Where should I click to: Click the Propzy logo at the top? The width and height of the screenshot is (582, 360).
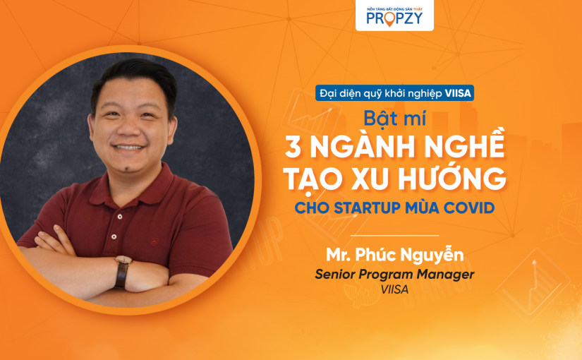[394, 16]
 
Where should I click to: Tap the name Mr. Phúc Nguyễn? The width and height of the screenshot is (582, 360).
[394, 255]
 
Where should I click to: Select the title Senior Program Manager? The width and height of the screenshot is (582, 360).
[394, 274]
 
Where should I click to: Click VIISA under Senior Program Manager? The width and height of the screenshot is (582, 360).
[394, 289]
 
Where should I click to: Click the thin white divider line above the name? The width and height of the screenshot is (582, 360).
[394, 235]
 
